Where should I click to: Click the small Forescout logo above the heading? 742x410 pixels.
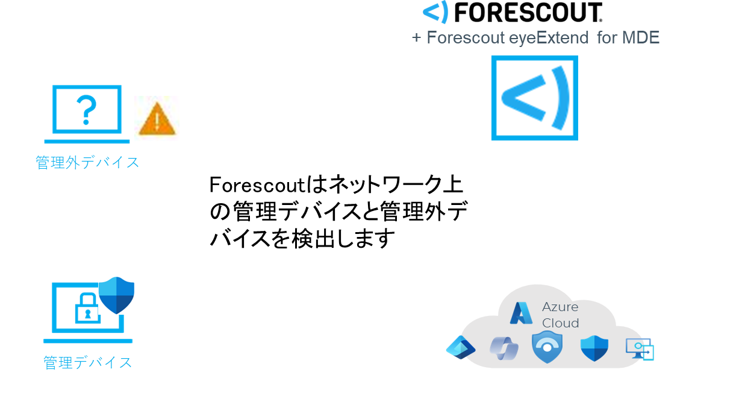point(435,12)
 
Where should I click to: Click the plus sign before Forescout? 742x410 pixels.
point(416,38)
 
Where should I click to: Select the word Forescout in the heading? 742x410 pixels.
point(466,38)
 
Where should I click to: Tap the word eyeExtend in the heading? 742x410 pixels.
point(549,38)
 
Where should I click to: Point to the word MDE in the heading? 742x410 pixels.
point(641,38)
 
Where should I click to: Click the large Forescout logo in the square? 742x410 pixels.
point(535,98)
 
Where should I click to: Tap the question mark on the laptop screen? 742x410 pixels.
point(87,110)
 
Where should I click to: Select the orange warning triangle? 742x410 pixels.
point(157,119)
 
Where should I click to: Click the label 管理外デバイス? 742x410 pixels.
point(87,162)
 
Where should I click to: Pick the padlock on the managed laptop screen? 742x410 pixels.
point(87,308)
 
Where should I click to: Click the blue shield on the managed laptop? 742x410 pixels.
point(116,295)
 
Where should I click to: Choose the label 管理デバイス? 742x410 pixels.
point(87,362)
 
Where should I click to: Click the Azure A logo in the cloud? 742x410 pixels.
point(521,313)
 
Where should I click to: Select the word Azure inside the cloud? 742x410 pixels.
point(560,307)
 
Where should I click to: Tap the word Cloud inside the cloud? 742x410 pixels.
point(560,323)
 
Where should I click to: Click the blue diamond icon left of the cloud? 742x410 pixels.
point(460,347)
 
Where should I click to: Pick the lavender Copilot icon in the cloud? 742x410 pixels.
point(504,348)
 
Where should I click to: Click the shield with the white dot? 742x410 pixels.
point(547,347)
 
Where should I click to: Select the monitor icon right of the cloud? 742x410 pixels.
point(640,348)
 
